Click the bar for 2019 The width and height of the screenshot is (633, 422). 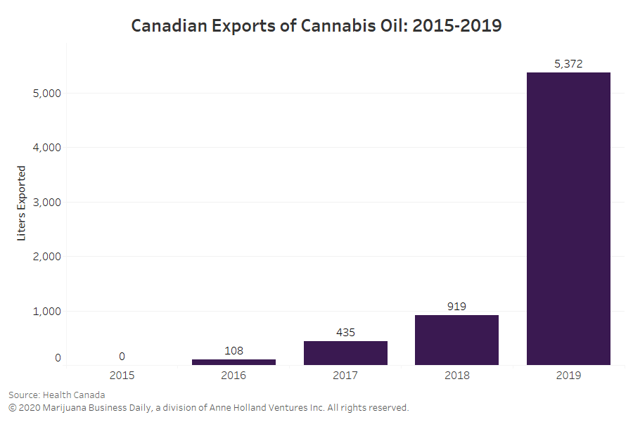(x=568, y=218)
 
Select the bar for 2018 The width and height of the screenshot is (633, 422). (x=456, y=340)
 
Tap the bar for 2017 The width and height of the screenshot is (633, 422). (x=345, y=353)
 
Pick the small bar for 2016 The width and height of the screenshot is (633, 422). (x=234, y=362)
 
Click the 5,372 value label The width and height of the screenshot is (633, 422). (x=568, y=64)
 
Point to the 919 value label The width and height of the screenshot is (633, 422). (x=456, y=307)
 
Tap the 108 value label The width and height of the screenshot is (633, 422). (x=234, y=351)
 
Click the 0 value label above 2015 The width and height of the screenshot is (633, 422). (x=122, y=357)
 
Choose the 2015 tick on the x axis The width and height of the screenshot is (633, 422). (x=122, y=376)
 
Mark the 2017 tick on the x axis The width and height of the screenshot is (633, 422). (x=345, y=376)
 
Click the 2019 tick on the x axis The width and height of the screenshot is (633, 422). (x=568, y=376)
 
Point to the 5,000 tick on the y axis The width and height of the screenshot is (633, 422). (x=46, y=94)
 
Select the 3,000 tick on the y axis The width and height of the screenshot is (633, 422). (x=46, y=203)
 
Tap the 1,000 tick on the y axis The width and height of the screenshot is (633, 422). (x=46, y=312)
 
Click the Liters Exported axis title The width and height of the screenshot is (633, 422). (x=22, y=203)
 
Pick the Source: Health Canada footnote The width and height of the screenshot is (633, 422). (x=56, y=395)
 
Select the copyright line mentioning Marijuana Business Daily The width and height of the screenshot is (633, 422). (x=208, y=407)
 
